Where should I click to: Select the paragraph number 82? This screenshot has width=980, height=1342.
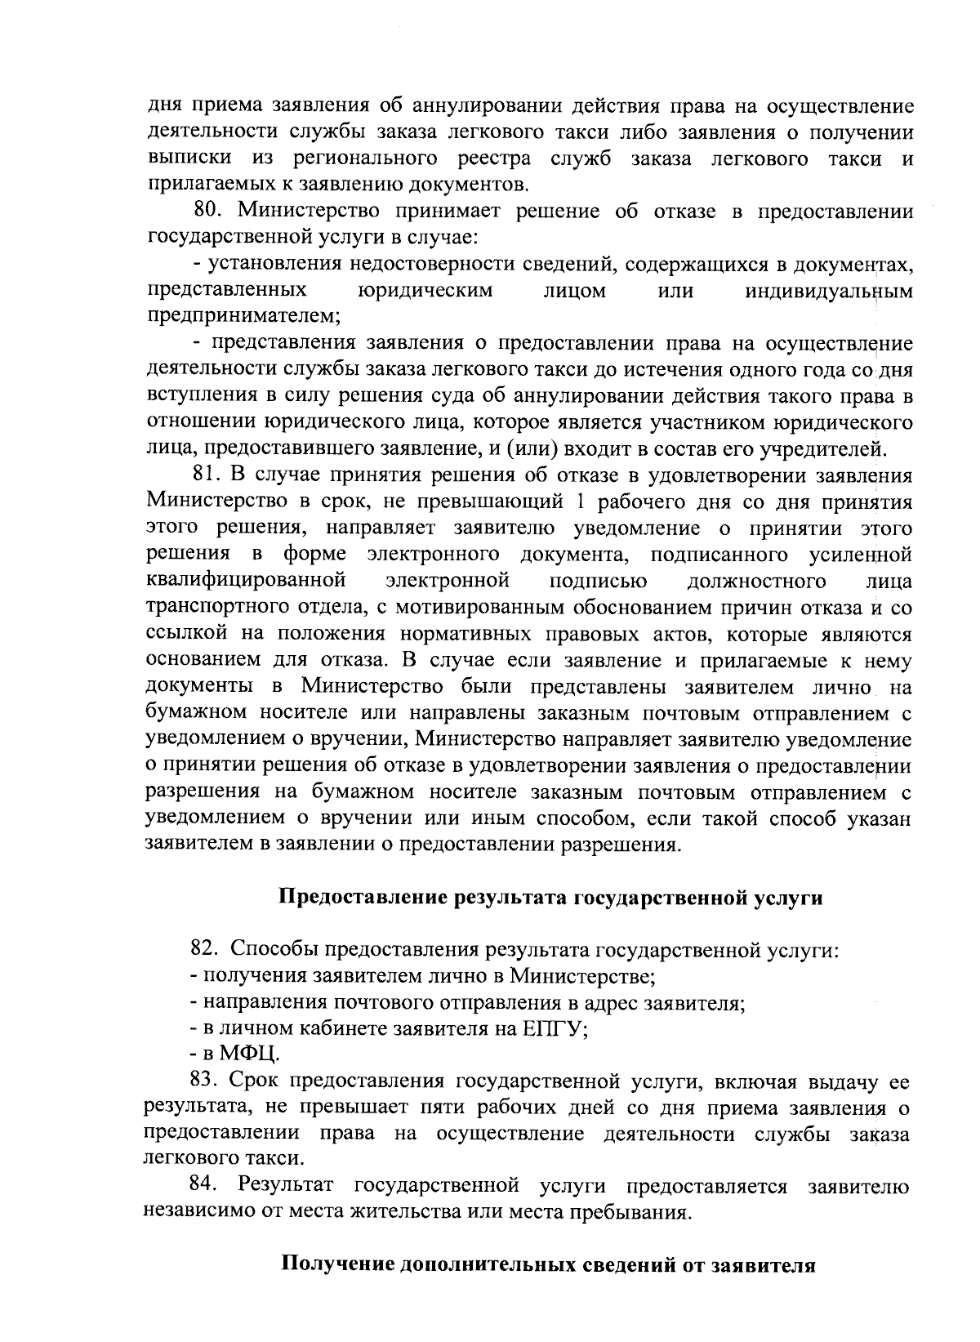point(204,950)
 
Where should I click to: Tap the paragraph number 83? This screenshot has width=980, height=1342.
point(204,1081)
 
